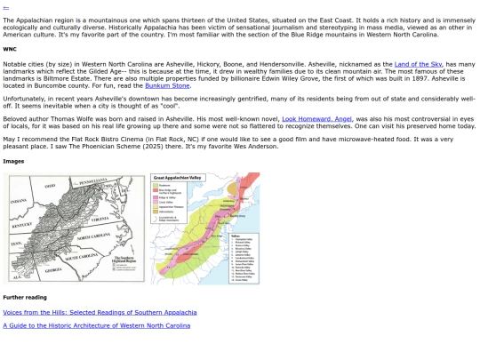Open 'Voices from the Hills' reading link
pos(100,312)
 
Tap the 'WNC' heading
pos(10,49)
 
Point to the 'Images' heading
pos(13,162)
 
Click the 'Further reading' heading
pos(25,297)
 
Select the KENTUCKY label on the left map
pos(30,224)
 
